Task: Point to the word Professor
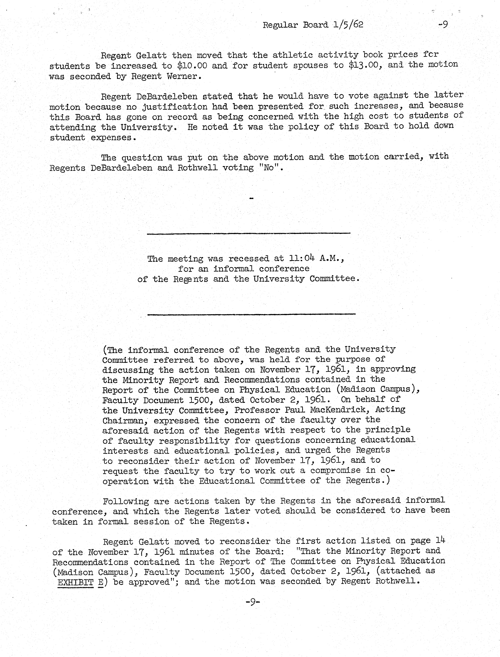tap(257, 410)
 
